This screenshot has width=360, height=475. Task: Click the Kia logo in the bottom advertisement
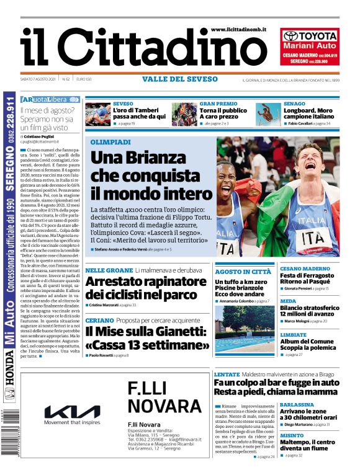click(x=72, y=411)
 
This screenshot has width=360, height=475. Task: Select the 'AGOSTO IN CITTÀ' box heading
click(x=243, y=272)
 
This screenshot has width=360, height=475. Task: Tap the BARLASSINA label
click(x=297, y=404)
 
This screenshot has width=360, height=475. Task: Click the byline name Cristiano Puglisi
click(x=43, y=136)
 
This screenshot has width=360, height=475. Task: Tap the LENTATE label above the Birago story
click(x=227, y=375)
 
